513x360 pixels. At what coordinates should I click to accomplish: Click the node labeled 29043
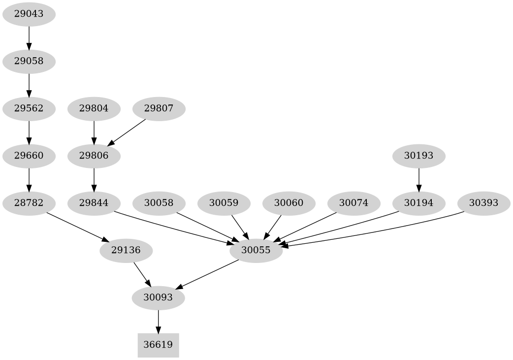[29, 14]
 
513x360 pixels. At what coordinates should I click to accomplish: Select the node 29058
[29, 62]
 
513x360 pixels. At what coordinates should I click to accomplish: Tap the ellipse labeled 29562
[29, 108]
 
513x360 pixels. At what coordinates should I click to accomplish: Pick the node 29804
[94, 108]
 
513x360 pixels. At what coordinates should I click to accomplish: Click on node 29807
[159, 108]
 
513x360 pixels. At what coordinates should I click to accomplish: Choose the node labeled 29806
[94, 156]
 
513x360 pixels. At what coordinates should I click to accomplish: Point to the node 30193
[418, 156]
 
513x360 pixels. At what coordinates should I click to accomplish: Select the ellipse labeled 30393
[483, 203]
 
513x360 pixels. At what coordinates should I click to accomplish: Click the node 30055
[256, 250]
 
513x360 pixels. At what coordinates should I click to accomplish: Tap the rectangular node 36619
[158, 345]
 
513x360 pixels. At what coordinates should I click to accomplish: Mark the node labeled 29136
[126, 250]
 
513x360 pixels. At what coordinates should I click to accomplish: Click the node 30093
[158, 297]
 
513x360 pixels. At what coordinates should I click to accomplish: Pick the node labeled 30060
[289, 203]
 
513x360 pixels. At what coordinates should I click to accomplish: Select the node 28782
[29, 203]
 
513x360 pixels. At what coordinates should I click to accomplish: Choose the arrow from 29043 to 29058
[29, 38]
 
